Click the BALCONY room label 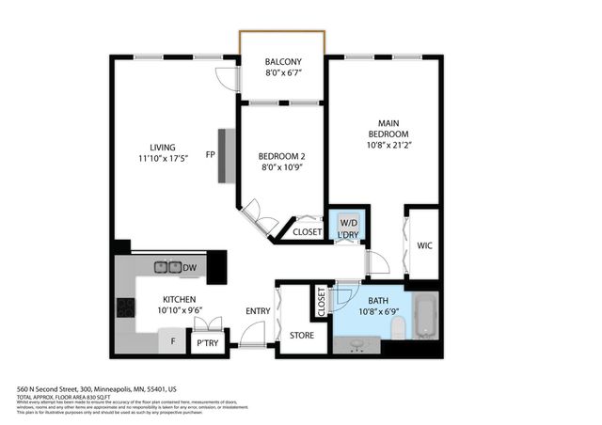point(283,61)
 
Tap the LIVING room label point(164,146)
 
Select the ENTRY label point(257,311)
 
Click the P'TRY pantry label point(206,344)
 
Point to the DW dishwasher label point(189,269)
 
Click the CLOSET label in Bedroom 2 point(307,231)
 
